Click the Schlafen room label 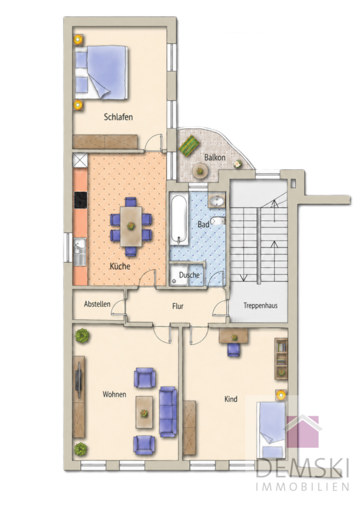(x=118, y=117)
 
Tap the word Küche (x=120, y=266)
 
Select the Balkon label (x=215, y=157)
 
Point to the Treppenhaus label (x=261, y=306)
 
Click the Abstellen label (x=97, y=304)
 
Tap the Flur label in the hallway (x=178, y=306)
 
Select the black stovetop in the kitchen (x=81, y=200)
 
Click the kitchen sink (x=80, y=251)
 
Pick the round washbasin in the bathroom (x=217, y=201)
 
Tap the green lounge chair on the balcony (x=189, y=145)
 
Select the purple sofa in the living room (x=168, y=411)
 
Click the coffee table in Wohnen (x=144, y=412)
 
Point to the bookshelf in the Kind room (x=281, y=359)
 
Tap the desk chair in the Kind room (x=234, y=350)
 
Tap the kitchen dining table (x=131, y=226)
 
